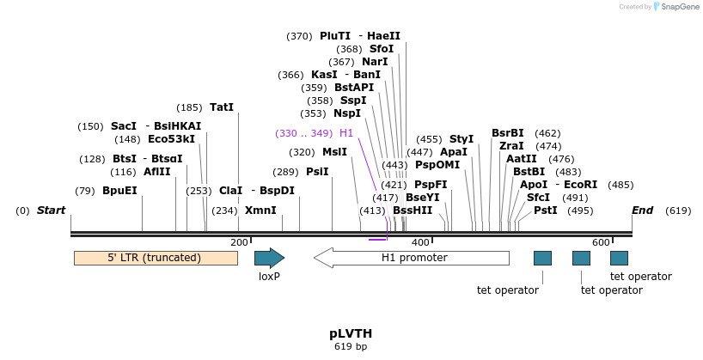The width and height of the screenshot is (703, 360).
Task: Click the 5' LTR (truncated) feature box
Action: coord(156,258)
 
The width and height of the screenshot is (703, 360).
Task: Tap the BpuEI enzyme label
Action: coord(119,191)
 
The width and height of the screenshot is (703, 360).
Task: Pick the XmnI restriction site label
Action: coord(260,211)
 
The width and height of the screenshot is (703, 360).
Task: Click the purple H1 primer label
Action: coord(346,133)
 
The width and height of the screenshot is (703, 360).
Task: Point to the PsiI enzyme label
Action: coord(317,172)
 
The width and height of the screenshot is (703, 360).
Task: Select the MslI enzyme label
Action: coord(334,152)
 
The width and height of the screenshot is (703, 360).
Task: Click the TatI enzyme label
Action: coord(222,108)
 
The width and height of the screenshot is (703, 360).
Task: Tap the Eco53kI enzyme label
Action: coord(171,139)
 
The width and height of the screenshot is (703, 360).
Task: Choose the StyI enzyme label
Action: coord(462,139)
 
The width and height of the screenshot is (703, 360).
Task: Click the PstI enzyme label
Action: coord(546,211)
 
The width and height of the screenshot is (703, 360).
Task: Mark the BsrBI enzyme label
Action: coord(507,133)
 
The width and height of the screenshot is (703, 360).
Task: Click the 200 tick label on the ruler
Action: coord(239,243)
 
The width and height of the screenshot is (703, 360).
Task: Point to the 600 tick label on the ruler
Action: coord(601,243)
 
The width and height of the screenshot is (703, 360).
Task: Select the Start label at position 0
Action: coord(51,211)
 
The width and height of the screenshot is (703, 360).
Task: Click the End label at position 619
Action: coord(642,211)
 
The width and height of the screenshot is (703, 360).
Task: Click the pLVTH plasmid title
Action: coord(351,333)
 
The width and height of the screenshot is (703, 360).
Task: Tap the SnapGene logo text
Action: coord(679,7)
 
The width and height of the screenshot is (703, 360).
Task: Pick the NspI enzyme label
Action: coord(347,113)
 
